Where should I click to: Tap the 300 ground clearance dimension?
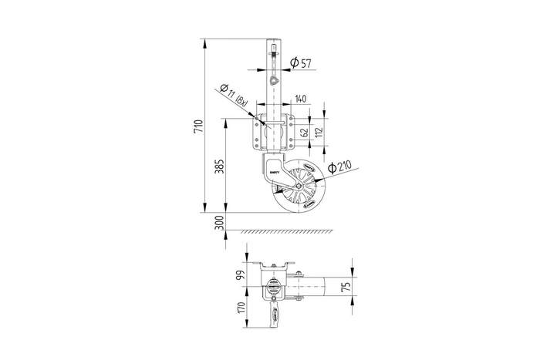[x=219, y=223]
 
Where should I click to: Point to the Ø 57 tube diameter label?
[x=301, y=62]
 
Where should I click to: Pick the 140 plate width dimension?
[x=300, y=99]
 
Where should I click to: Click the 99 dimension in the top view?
[x=241, y=274]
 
